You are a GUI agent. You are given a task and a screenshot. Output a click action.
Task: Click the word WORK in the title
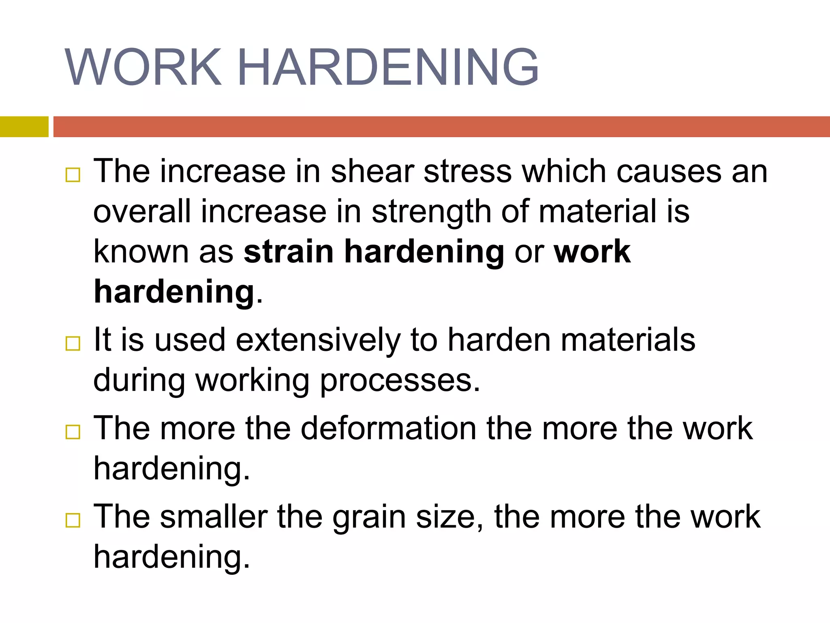pyautogui.click(x=143, y=67)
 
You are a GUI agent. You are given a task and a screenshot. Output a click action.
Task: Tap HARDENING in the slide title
pyautogui.click(x=388, y=67)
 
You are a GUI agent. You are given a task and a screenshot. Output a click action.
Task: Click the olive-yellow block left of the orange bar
pyautogui.click(x=24, y=127)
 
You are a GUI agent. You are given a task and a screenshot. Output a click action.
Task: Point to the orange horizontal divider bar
pyautogui.click(x=441, y=127)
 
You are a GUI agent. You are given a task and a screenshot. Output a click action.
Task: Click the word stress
pyautogui.click(x=468, y=172)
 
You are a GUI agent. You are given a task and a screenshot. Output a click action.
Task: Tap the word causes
pyautogui.click(x=669, y=172)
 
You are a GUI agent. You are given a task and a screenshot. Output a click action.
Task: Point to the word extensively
pyautogui.click(x=318, y=340)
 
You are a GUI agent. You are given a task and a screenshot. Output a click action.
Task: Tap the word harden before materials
pyautogui.click(x=498, y=340)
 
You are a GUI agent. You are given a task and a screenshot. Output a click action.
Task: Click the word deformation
pyautogui.click(x=388, y=428)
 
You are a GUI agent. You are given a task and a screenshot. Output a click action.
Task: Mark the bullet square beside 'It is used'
pyautogui.click(x=73, y=344)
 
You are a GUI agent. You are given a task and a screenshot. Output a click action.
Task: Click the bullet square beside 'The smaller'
pyautogui.click(x=73, y=520)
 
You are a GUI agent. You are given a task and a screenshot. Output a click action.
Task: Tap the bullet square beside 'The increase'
pyautogui.click(x=73, y=175)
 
